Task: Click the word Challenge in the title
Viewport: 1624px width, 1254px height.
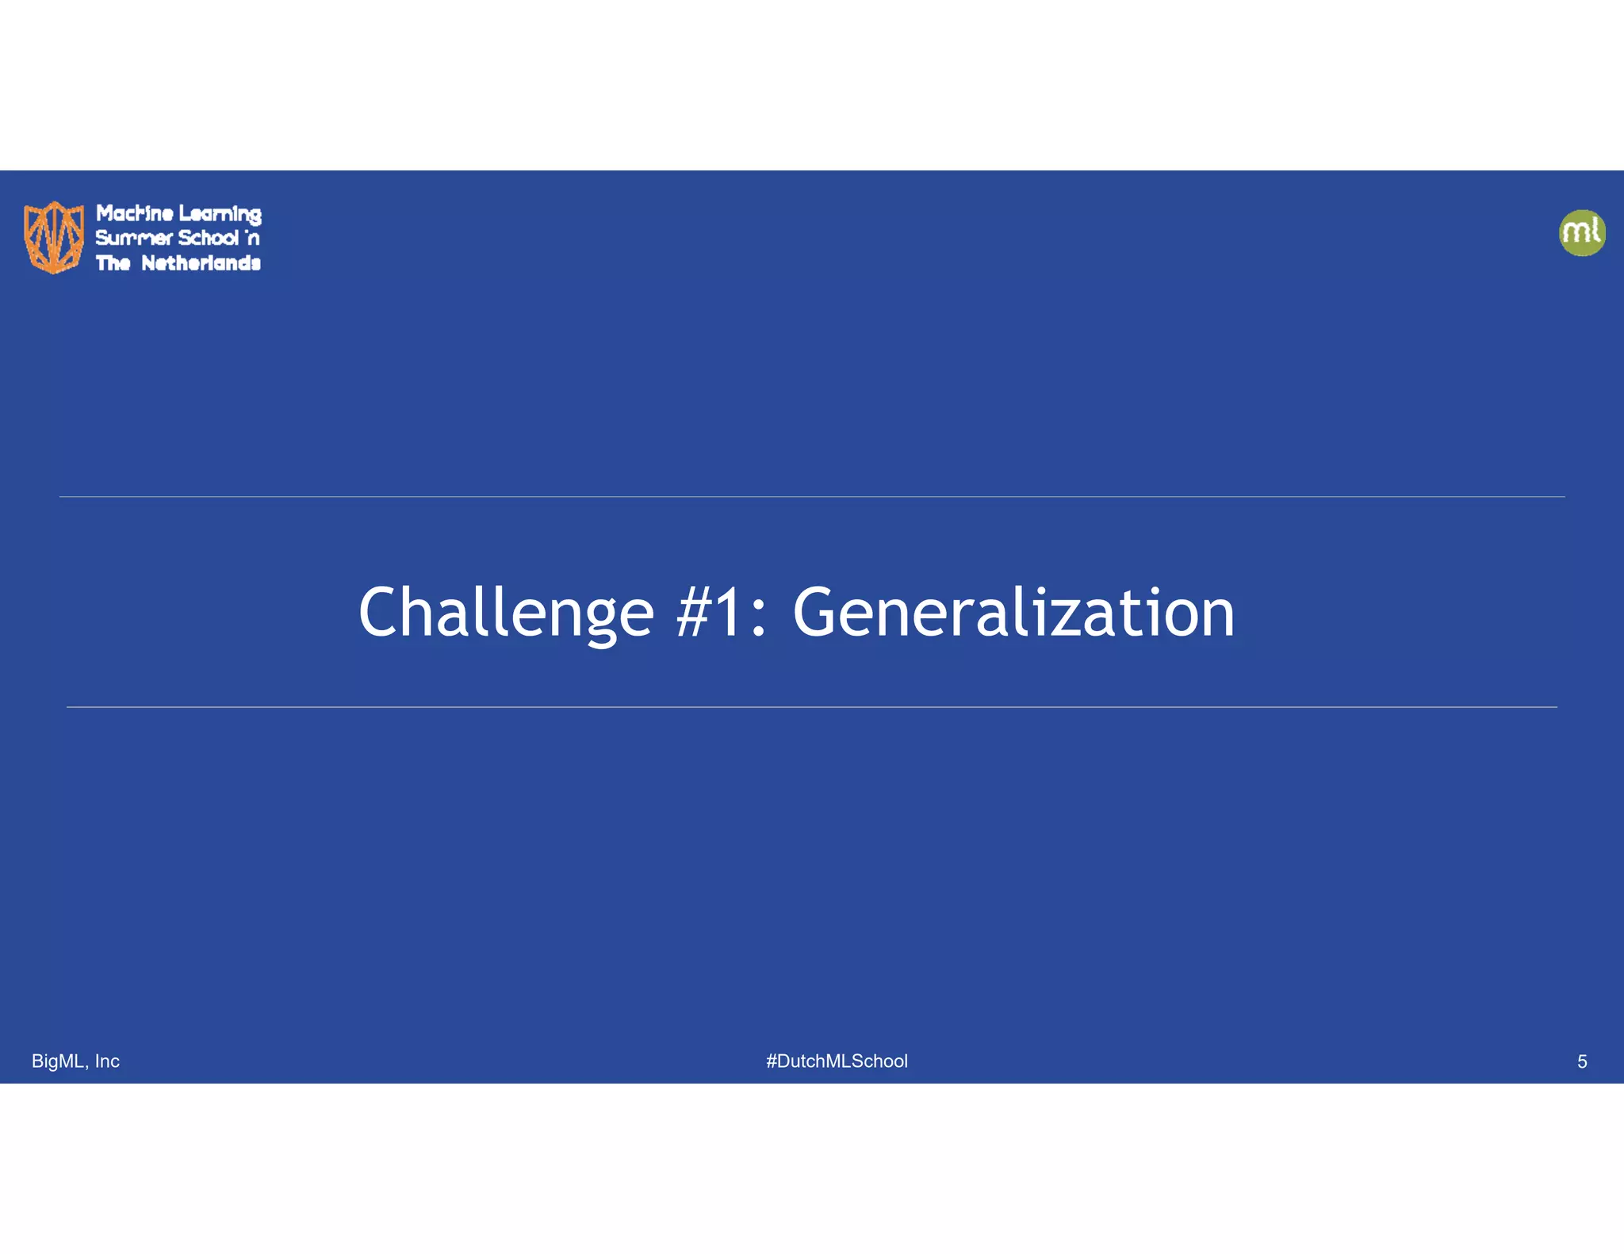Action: pyautogui.click(x=506, y=612)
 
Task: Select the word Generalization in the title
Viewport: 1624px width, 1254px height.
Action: pyautogui.click(x=1013, y=612)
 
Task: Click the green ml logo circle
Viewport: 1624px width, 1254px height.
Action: pyautogui.click(x=1582, y=233)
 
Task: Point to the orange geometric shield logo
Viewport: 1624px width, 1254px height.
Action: pyautogui.click(x=54, y=237)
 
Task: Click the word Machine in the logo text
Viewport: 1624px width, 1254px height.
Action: pyautogui.click(x=134, y=213)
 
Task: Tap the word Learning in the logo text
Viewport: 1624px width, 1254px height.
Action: pyautogui.click(x=220, y=214)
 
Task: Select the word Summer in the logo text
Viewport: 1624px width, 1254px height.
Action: pyautogui.click(x=133, y=238)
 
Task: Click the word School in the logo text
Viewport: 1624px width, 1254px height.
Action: pyautogui.click(x=208, y=238)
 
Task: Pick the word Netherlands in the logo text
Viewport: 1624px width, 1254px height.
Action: pyautogui.click(x=201, y=263)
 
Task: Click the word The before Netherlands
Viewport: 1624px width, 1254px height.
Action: pyautogui.click(x=113, y=263)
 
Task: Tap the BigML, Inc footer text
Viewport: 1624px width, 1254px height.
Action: pyautogui.click(x=75, y=1061)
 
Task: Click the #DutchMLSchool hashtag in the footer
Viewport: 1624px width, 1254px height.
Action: pyautogui.click(x=837, y=1061)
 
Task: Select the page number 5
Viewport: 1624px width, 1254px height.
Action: pyautogui.click(x=1581, y=1061)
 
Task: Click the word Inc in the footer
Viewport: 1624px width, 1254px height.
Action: pyautogui.click(x=107, y=1061)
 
